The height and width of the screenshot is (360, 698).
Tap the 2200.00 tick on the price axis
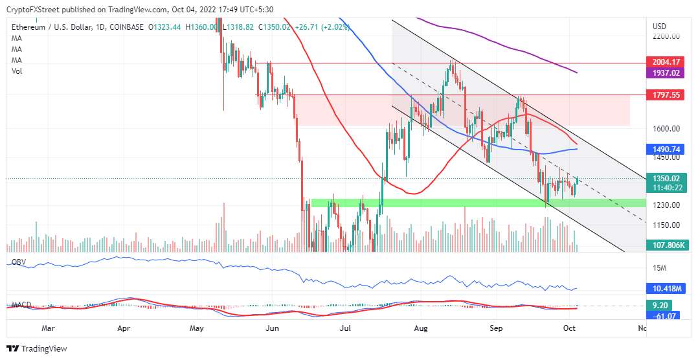pyautogui.click(x=666, y=38)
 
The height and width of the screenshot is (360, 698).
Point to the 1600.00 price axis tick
pyautogui.click(x=666, y=128)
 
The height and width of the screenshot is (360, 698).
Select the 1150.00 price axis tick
pyautogui.click(x=666, y=225)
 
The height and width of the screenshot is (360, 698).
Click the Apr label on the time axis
pyautogui.click(x=126, y=328)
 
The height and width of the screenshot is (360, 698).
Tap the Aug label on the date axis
pyautogui.click(x=421, y=328)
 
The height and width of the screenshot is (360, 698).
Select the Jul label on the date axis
pyautogui.click(x=346, y=328)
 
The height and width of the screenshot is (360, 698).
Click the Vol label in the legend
pyautogui.click(x=17, y=71)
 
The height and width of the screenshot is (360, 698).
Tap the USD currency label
pyautogui.click(x=659, y=27)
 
